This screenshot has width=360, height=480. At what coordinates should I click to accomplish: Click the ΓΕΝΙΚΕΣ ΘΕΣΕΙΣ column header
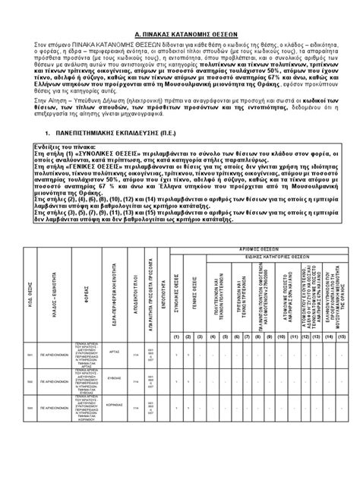pyautogui.click(x=194, y=292)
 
